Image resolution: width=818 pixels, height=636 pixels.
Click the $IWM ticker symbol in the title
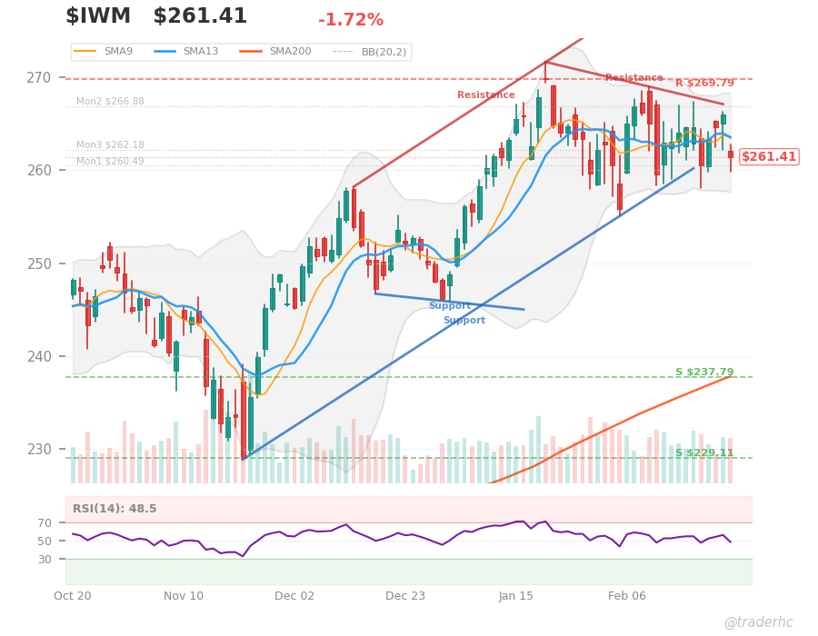point(98,16)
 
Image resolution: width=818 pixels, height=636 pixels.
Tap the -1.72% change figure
point(351,20)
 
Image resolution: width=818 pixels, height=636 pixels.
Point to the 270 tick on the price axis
point(51,77)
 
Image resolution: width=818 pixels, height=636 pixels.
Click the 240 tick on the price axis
point(51,356)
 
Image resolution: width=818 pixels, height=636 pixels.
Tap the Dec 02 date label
point(294,596)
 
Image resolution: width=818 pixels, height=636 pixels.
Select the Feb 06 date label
point(627,596)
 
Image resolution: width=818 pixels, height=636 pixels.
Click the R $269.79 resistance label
point(704,84)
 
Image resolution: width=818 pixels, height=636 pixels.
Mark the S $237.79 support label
point(704,373)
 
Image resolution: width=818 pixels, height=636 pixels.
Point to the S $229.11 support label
point(704,453)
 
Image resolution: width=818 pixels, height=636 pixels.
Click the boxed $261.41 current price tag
point(769,157)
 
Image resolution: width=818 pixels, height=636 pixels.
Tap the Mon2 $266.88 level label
point(110,102)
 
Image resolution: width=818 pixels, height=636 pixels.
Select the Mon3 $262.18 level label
point(110,145)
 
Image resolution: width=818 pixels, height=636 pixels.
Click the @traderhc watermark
point(758,622)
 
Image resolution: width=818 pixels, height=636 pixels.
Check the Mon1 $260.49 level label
point(110,162)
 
